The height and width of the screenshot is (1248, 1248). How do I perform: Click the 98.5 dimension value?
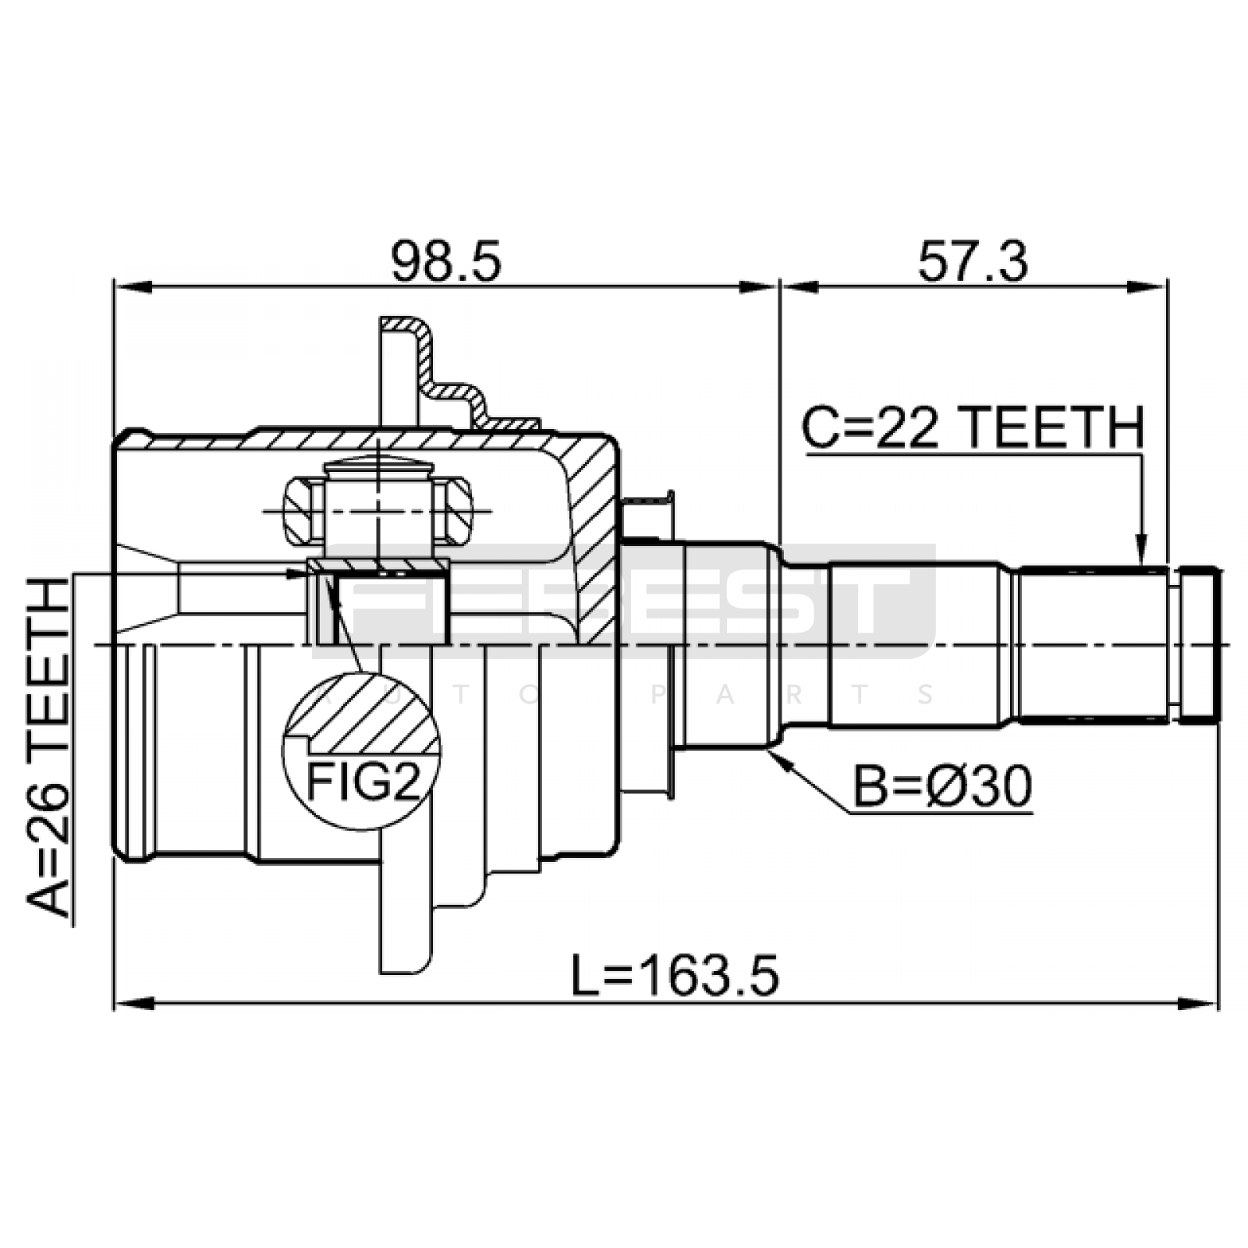click(445, 261)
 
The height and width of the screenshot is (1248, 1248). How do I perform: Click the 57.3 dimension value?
click(973, 261)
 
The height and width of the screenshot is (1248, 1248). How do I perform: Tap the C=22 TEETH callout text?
click(973, 427)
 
